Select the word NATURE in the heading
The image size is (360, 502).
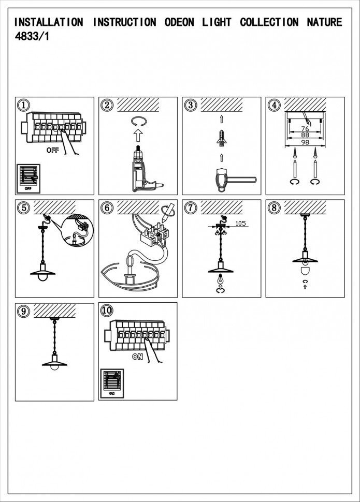(x=324, y=22)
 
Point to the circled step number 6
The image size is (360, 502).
(x=107, y=208)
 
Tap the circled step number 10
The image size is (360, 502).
(x=107, y=310)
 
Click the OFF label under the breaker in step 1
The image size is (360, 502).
(x=53, y=150)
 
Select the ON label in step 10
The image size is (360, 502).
(x=137, y=357)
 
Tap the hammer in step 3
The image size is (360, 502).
(x=227, y=180)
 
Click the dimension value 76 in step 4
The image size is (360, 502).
(x=305, y=128)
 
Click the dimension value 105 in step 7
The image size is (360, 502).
(x=240, y=224)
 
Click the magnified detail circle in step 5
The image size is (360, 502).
(x=76, y=230)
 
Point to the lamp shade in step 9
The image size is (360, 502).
(x=54, y=362)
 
